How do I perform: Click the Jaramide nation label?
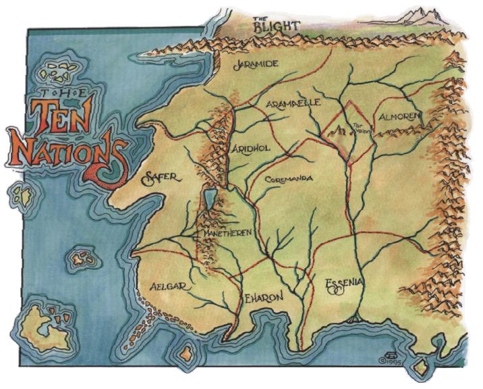point(256,66)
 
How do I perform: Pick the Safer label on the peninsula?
point(161,178)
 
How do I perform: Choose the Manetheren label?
point(227,232)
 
